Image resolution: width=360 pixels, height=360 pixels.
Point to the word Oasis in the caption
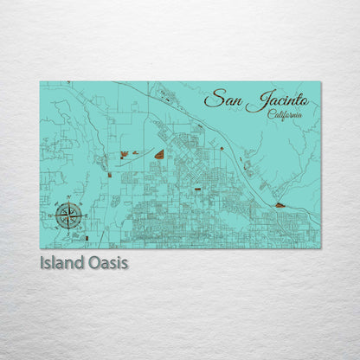coord(108,261)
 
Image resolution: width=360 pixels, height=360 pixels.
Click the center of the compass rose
coord(69,215)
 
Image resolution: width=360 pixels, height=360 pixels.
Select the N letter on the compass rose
coord(69,200)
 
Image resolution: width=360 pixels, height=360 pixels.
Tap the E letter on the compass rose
coord(84,215)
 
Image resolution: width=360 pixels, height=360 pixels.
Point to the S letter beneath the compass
coord(69,229)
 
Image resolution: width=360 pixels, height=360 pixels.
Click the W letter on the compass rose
coord(55,215)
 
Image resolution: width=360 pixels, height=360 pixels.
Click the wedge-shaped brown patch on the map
coord(159,154)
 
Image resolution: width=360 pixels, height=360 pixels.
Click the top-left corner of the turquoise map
coord(41,82)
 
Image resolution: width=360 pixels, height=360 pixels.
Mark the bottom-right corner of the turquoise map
coord(320,247)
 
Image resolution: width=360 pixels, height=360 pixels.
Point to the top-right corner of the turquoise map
coord(320,82)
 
